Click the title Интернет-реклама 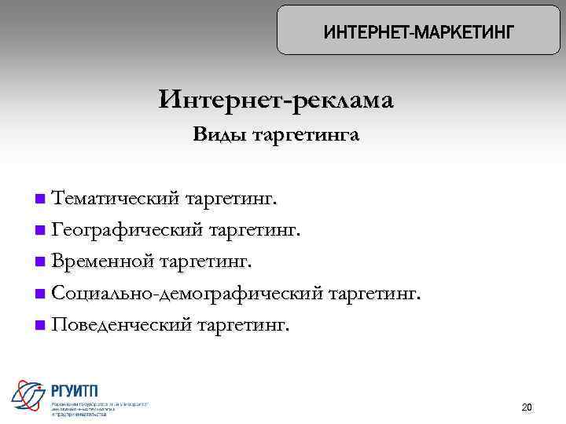(x=276, y=101)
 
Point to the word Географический (x=127, y=230)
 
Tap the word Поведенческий (x=121, y=324)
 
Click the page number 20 (x=527, y=408)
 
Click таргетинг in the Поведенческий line (x=243, y=325)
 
